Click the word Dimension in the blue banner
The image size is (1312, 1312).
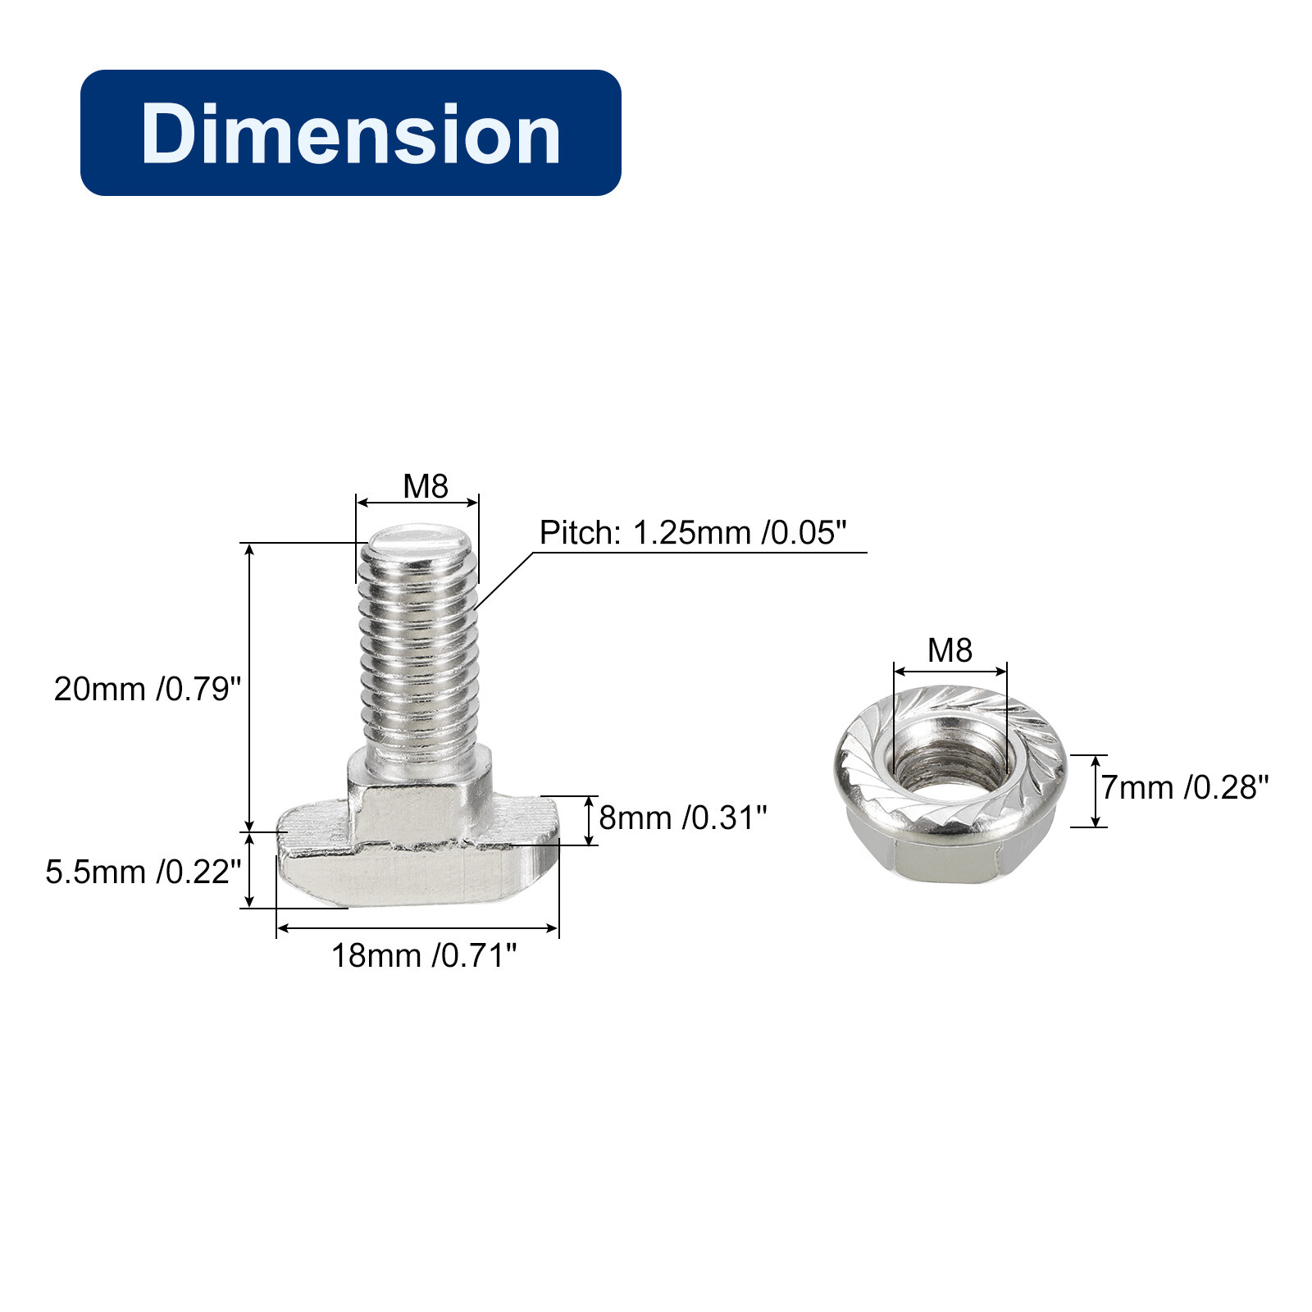[350, 134]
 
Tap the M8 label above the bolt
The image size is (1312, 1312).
[425, 486]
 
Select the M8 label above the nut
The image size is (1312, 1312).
[950, 650]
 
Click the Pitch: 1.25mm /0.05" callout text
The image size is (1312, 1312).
[692, 533]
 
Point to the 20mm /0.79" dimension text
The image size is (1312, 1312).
[148, 689]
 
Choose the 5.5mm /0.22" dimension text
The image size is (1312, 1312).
[143, 872]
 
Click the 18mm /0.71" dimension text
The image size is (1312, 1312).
[423, 955]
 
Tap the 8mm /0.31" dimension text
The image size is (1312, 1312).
[682, 818]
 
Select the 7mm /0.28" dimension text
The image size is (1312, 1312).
[1184, 787]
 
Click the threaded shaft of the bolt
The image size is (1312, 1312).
[419, 656]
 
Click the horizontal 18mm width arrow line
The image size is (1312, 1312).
[417, 928]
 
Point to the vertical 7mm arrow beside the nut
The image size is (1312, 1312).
[1095, 791]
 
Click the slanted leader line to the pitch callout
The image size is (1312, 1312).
[503, 580]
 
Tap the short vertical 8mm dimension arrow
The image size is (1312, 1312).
[589, 820]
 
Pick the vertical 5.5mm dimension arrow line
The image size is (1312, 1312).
[250, 869]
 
